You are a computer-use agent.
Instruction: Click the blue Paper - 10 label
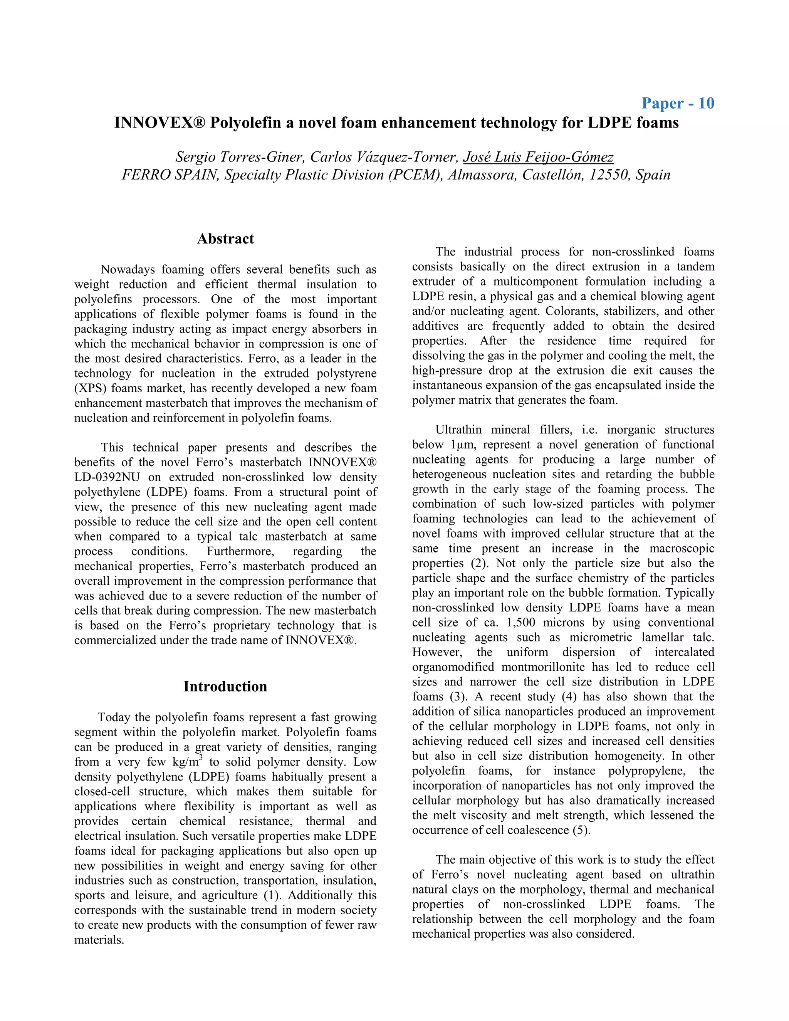pyautogui.click(x=677, y=103)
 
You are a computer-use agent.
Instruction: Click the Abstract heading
pyautogui.click(x=225, y=239)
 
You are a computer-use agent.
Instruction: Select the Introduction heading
pyautogui.click(x=225, y=686)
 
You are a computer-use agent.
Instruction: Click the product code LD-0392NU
pyautogui.click(x=107, y=477)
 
